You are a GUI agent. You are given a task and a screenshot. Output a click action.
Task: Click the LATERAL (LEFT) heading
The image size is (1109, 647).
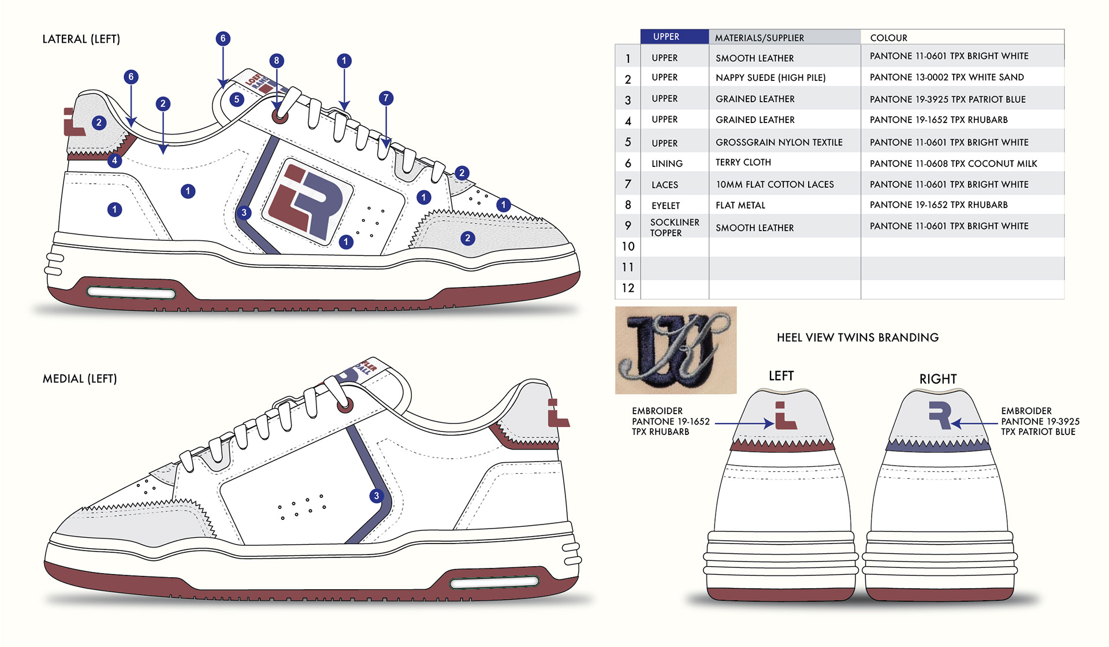[x=81, y=39]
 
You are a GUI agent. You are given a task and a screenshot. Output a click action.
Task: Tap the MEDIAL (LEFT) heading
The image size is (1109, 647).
[x=80, y=379]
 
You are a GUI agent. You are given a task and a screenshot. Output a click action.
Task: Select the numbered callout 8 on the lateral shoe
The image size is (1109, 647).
[x=277, y=61]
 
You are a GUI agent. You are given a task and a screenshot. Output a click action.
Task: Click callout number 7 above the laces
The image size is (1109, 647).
[x=386, y=98]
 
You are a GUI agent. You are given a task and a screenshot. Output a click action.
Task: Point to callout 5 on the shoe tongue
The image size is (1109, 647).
[x=236, y=99]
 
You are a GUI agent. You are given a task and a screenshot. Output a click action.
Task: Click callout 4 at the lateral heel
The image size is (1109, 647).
[x=114, y=161]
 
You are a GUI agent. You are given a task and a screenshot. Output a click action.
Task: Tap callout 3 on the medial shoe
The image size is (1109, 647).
[x=377, y=496]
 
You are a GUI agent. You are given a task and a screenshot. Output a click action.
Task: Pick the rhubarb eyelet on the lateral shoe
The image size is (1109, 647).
[x=280, y=116]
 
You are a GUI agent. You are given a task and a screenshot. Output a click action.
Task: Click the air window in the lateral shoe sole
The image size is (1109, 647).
[x=131, y=293]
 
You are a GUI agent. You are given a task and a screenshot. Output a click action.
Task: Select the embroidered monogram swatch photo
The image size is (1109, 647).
[x=676, y=350]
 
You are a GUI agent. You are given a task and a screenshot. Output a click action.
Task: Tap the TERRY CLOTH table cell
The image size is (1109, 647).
[x=743, y=163]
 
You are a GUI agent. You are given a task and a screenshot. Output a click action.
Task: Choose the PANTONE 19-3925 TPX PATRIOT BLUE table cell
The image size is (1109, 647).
[x=948, y=99]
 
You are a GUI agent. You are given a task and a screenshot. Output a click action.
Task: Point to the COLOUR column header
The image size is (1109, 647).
[x=888, y=38]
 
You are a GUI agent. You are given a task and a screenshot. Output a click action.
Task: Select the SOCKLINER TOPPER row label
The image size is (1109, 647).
[x=674, y=228]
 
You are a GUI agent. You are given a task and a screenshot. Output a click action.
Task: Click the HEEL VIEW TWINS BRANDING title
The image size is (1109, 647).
[x=858, y=338]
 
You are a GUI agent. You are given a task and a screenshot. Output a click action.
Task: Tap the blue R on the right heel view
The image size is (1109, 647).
[x=940, y=415]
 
